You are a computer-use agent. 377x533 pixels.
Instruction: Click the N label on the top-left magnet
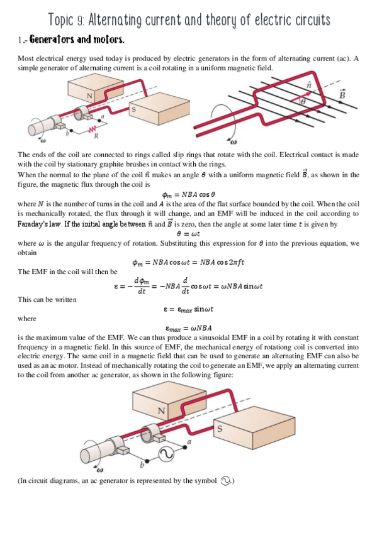[x=90, y=95]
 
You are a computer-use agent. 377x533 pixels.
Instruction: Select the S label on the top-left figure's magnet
[x=133, y=109]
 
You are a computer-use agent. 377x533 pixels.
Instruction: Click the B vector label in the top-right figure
[x=342, y=94]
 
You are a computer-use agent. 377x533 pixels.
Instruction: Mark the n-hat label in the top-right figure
[x=308, y=84]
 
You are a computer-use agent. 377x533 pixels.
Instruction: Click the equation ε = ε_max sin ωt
[x=188, y=309]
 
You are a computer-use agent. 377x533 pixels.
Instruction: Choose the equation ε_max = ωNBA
[x=188, y=327]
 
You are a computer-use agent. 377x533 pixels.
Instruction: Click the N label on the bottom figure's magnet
[x=162, y=411]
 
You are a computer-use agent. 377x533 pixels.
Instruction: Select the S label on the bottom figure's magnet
[x=219, y=429]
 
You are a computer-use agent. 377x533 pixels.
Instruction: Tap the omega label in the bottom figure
[x=99, y=469]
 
